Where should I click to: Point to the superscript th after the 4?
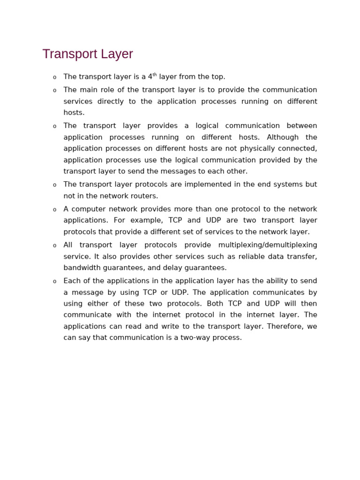[x=155, y=75]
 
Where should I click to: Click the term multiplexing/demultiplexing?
[x=268, y=245]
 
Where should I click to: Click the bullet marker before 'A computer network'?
[x=54, y=210]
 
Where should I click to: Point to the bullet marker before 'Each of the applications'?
[x=54, y=281]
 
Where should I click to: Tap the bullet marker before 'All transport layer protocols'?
[x=54, y=246]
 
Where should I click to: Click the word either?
[x=98, y=304]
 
